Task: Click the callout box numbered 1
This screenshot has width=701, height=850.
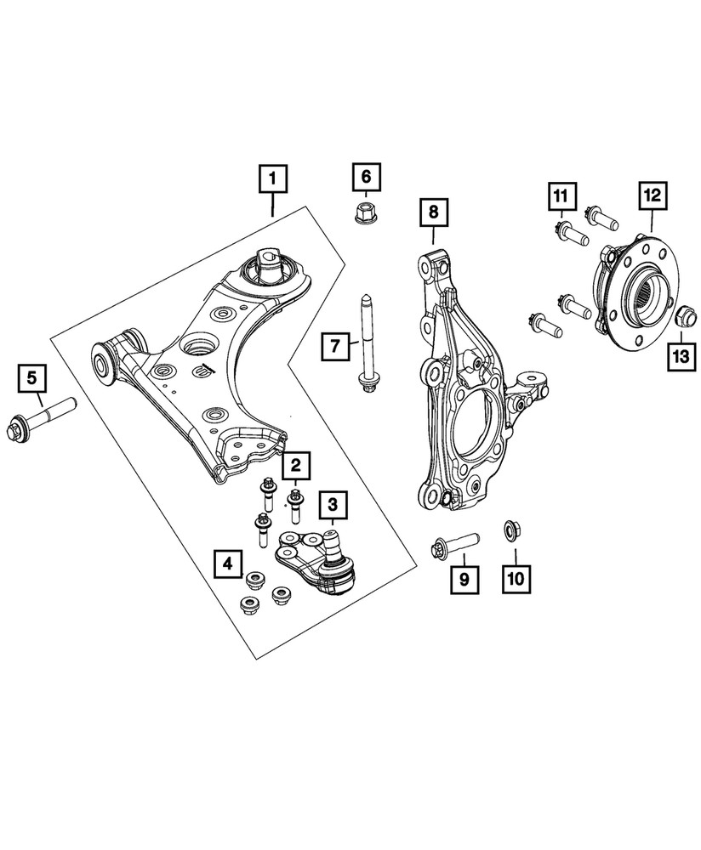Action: [272, 178]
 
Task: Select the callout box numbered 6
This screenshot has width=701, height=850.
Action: [366, 178]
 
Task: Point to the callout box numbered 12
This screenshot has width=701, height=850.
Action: [652, 196]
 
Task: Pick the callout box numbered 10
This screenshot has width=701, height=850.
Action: [517, 580]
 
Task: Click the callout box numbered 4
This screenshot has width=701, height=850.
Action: [227, 562]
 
